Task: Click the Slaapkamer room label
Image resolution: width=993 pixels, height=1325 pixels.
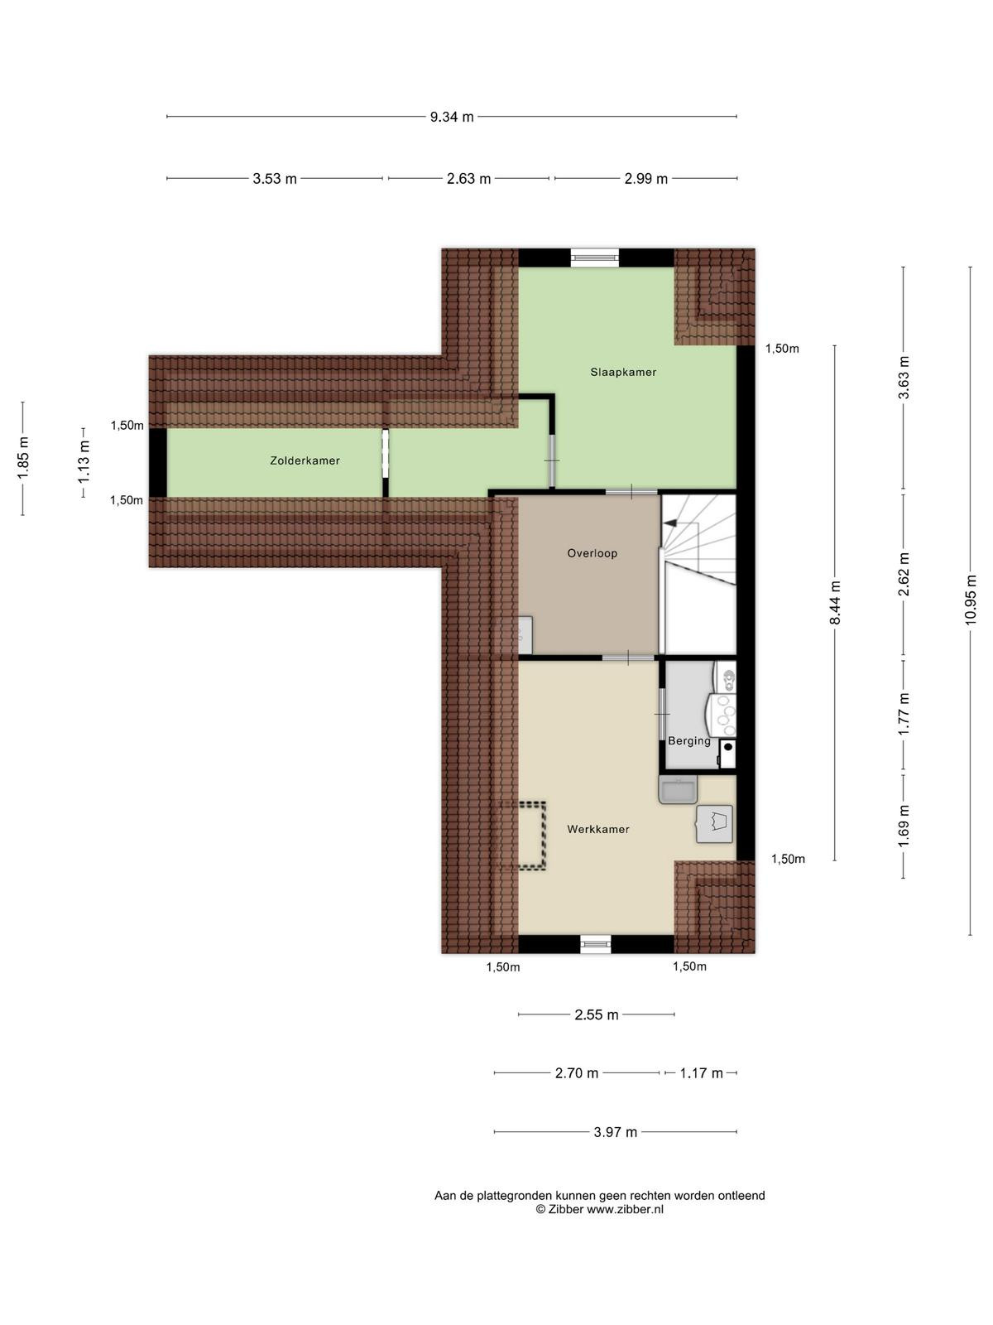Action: pos(623,373)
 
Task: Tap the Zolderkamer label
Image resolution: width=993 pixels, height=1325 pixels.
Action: pos(305,460)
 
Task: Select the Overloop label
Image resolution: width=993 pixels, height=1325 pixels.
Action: pos(592,553)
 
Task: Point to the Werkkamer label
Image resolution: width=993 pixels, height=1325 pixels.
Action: pos(598,830)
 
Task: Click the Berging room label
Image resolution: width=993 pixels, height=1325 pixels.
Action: pos(689,741)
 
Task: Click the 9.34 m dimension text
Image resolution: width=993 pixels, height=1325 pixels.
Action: pos(452,117)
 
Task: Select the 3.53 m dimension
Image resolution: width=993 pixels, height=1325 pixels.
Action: pos(275,179)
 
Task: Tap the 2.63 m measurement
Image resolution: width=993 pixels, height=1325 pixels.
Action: pos(468,179)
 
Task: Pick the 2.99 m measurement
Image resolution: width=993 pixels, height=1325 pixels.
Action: pos(645,179)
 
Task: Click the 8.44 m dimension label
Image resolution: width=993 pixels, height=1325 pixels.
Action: pos(835,603)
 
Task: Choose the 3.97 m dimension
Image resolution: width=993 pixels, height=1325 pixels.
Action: pos(615,1132)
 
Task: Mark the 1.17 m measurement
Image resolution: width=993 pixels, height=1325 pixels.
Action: pos(701,1073)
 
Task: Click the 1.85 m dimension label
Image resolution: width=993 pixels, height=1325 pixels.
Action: pos(23,459)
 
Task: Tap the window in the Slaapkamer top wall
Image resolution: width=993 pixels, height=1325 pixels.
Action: pos(595,258)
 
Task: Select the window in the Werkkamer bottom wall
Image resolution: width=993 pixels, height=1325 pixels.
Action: pos(596,944)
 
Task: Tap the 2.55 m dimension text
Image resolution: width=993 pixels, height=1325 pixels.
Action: pos(597,1014)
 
